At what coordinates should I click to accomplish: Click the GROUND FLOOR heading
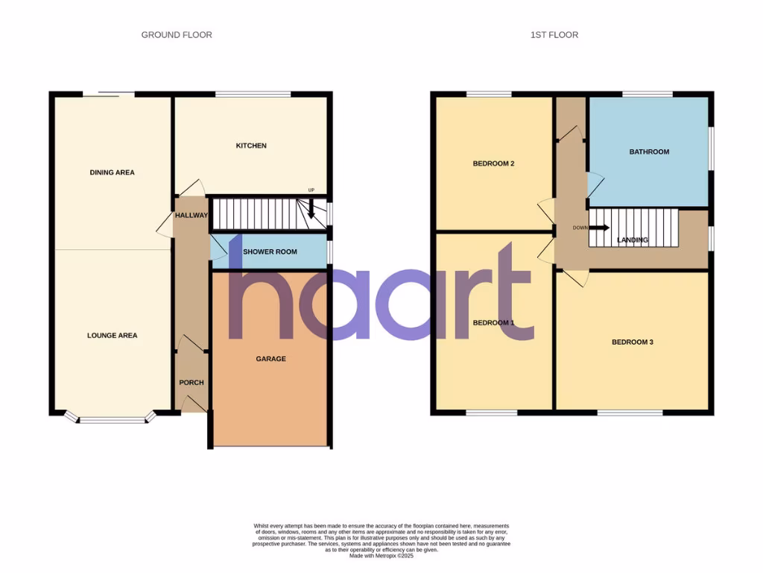click(177, 35)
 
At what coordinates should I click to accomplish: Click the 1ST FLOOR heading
click(554, 35)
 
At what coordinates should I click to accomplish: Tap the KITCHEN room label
click(251, 145)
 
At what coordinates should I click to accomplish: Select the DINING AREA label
click(112, 172)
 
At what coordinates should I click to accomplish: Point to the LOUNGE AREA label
click(112, 336)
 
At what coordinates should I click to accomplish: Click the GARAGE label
click(270, 359)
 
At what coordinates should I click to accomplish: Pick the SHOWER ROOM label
click(270, 252)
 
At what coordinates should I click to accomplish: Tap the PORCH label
click(191, 383)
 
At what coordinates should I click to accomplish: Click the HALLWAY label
click(191, 216)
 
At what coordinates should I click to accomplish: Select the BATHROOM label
click(649, 152)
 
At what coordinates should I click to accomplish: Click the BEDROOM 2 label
click(494, 164)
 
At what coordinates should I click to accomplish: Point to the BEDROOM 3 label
click(633, 342)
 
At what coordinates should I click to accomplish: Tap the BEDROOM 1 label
click(493, 322)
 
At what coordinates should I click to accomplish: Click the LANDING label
click(633, 240)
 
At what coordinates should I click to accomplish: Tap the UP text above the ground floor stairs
click(311, 191)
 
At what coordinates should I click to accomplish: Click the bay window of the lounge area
click(113, 419)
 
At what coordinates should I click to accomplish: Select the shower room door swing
click(218, 248)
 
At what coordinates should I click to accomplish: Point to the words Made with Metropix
click(381, 556)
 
